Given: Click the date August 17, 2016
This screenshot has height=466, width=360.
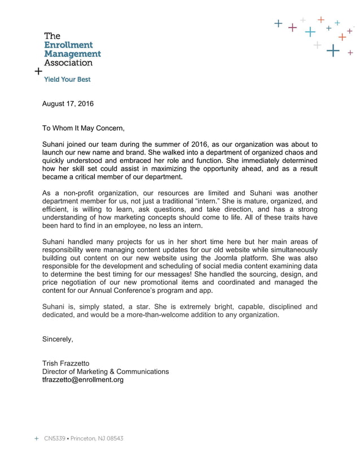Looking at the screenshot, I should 68,104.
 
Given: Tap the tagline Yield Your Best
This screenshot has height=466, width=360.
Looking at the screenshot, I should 67,80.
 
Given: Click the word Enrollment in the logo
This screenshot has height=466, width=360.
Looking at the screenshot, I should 68,45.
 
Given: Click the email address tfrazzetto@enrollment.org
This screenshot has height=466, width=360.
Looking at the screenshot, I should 83,380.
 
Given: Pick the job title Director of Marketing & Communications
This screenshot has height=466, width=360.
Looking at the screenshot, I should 106,372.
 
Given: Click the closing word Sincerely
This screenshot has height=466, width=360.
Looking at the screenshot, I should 58,339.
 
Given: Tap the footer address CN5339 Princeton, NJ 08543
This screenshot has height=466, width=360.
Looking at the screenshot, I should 84,438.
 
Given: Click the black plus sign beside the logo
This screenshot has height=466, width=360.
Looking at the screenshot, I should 38,72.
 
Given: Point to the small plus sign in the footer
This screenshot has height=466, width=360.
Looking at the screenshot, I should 37,438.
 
